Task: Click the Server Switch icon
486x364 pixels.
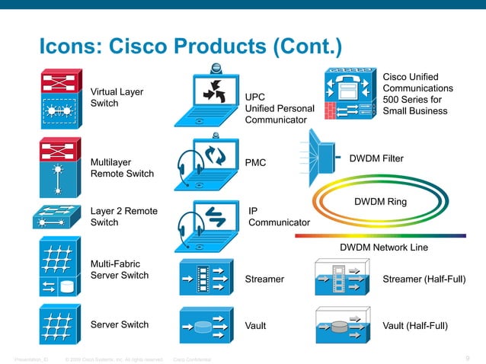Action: pos(58,324)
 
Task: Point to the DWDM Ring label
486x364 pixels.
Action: pos(380,203)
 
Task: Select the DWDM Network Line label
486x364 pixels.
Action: pos(383,247)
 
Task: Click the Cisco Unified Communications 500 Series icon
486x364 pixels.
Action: pos(349,94)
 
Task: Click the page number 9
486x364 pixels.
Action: pos(466,359)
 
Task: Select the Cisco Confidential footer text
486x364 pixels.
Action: pos(193,359)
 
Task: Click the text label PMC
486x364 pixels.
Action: pos(255,163)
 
